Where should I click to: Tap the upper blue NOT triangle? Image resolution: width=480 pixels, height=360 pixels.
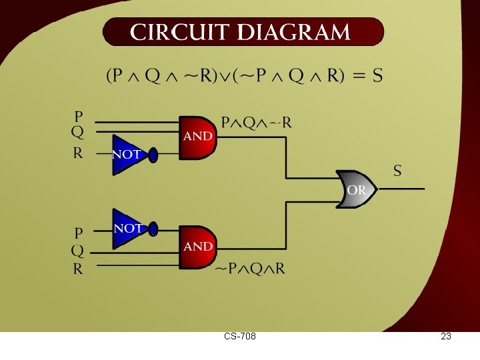click(126, 155)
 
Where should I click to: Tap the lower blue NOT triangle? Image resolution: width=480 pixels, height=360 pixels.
click(126, 229)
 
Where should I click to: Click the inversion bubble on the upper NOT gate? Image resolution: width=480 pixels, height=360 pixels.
click(153, 155)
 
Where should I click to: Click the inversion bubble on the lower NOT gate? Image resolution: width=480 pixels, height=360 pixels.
click(153, 229)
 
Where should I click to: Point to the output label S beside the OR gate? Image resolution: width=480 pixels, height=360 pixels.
click(397, 171)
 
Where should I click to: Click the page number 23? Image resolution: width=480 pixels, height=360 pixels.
click(446, 337)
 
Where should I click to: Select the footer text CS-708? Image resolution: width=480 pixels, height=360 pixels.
click(240, 337)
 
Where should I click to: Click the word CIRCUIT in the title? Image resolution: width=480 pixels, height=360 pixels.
click(179, 32)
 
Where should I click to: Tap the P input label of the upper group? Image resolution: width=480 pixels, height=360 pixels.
click(79, 116)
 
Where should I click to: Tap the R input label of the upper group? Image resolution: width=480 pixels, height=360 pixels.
click(78, 153)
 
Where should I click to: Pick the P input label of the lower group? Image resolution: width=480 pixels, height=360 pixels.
click(79, 233)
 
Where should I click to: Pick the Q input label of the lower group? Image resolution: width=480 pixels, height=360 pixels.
click(78, 251)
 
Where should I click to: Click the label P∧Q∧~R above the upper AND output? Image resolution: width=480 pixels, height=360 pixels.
click(257, 123)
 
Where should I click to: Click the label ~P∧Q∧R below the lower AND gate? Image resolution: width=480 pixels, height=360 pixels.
click(250, 269)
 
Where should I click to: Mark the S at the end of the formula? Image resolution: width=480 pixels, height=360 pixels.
click(377, 75)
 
